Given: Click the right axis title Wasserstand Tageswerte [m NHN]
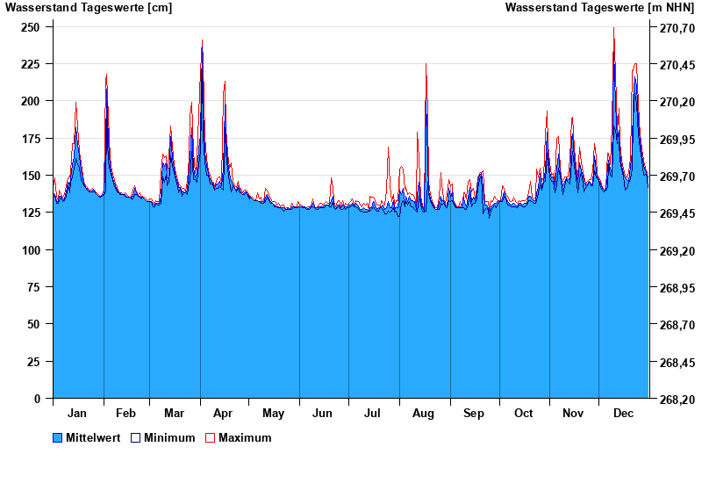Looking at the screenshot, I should [x=599, y=8].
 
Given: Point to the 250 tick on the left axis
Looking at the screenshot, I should [x=31, y=27].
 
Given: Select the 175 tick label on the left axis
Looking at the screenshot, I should [x=31, y=139].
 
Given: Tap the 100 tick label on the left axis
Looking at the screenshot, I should [x=31, y=250].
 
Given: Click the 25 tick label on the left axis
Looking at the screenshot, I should [x=34, y=362].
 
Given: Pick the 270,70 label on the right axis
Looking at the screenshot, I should [x=677, y=28].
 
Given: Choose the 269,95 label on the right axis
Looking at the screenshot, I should [x=677, y=140].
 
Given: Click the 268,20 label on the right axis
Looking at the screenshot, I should [x=677, y=400].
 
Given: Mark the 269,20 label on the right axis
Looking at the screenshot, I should [x=677, y=251].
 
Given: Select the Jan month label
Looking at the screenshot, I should [x=77, y=414].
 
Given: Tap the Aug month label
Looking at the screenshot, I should [x=424, y=414].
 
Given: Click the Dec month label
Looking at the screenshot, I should [x=624, y=414].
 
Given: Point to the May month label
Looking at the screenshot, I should [x=273, y=414].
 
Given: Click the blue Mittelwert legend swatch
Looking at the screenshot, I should [x=58, y=438].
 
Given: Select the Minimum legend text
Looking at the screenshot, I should [x=169, y=438].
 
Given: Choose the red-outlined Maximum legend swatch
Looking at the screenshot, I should [x=210, y=438].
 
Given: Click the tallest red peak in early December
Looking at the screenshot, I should [x=614, y=28].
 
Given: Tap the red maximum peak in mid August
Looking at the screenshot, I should [x=426, y=64].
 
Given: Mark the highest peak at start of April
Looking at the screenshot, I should [x=202, y=40].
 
